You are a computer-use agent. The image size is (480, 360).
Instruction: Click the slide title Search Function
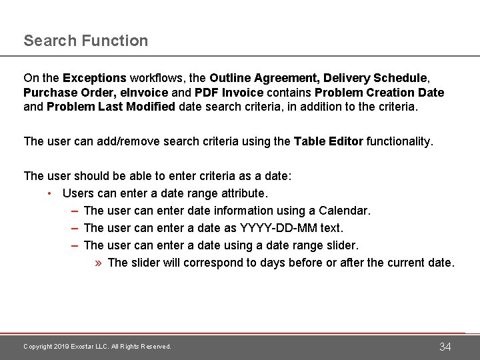click(x=86, y=41)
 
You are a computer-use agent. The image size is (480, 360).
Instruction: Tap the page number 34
click(x=445, y=347)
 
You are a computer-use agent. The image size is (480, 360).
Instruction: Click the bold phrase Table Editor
click(x=329, y=141)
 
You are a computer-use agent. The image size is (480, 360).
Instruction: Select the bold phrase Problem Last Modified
click(x=111, y=107)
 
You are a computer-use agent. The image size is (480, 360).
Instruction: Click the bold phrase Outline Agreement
click(x=265, y=79)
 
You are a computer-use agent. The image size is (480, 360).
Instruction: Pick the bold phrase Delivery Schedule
click(x=377, y=79)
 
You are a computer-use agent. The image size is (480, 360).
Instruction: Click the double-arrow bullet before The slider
click(x=98, y=263)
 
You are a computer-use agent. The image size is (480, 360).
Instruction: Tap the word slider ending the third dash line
click(x=343, y=245)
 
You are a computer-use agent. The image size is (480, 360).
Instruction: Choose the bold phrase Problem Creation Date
click(x=379, y=93)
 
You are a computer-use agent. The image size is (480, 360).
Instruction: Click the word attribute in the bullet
click(x=241, y=193)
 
